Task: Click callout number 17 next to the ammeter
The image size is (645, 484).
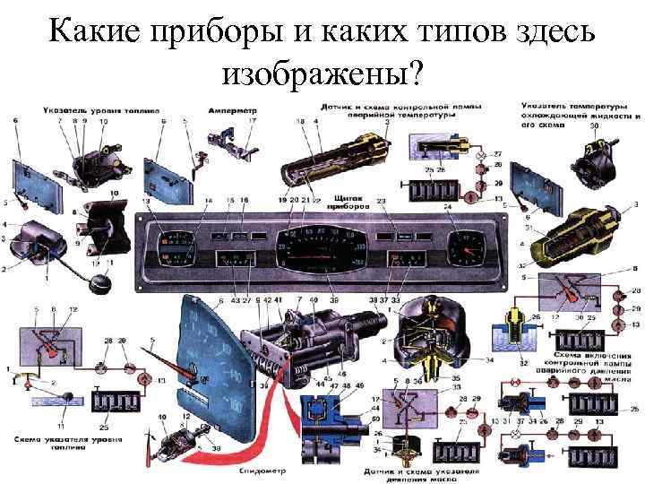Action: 253,121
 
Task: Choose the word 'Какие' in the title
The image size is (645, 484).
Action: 87,34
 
